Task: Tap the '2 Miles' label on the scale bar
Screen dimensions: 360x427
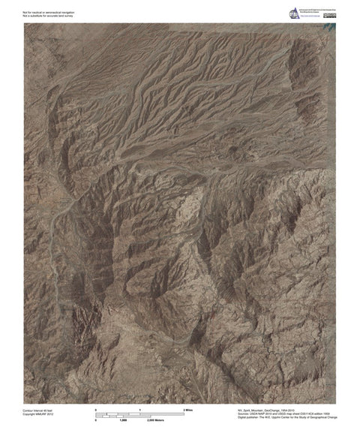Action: click(189, 410)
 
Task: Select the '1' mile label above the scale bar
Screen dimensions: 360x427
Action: click(140, 410)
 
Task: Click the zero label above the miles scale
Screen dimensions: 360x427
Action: click(96, 410)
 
